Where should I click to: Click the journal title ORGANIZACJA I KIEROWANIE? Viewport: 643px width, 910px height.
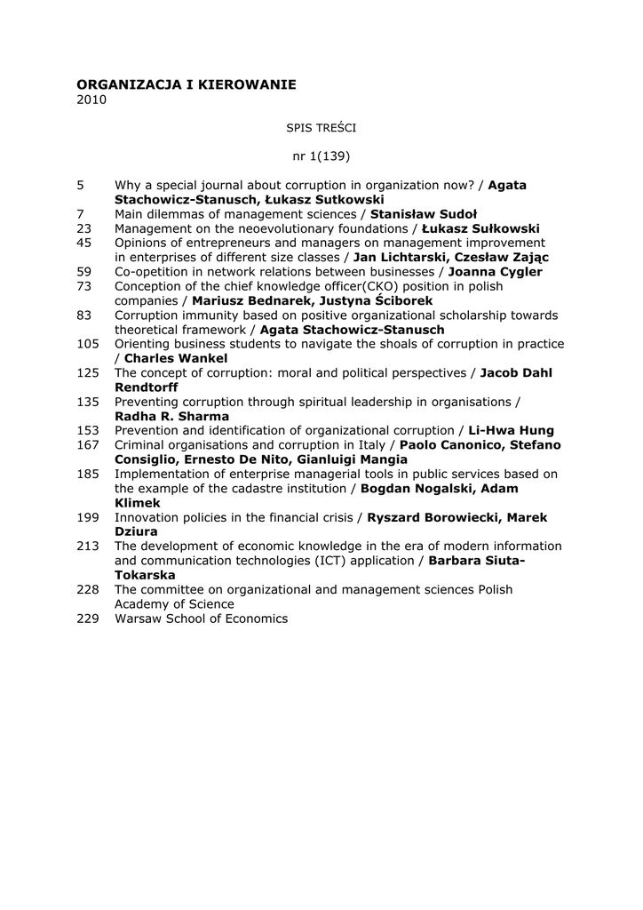[187, 84]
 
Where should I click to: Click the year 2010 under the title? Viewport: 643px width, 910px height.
[91, 100]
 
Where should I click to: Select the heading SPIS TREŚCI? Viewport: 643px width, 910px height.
[321, 128]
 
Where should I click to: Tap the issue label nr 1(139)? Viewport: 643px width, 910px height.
[321, 156]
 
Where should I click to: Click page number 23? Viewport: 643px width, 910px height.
[84, 228]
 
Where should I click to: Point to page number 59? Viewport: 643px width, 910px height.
[84, 272]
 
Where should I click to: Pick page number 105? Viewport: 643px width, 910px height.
[88, 344]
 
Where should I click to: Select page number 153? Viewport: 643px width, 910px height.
[88, 430]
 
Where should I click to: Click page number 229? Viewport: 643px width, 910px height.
[88, 619]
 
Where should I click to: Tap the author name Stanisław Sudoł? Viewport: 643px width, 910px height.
[424, 214]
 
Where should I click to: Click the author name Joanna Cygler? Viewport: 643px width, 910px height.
[495, 272]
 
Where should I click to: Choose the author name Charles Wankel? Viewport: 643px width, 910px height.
[176, 358]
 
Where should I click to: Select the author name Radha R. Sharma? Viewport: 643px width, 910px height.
[171, 416]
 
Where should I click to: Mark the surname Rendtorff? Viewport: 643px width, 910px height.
[147, 387]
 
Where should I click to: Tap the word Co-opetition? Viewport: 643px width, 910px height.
[151, 272]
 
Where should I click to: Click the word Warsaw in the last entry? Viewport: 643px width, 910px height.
[137, 619]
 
